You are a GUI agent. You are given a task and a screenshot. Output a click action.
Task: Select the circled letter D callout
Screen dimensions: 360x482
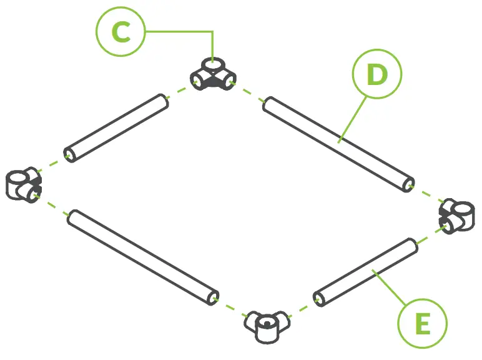tap(376, 74)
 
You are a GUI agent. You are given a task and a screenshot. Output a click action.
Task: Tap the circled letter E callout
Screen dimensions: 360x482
tap(423, 324)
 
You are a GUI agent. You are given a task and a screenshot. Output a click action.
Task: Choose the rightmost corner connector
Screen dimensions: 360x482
tap(457, 214)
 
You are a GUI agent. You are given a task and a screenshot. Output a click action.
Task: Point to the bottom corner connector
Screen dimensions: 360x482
tap(268, 326)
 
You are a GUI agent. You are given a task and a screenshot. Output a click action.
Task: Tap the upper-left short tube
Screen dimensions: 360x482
tap(117, 128)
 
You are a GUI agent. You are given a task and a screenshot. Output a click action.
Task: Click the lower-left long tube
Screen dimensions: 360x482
tap(143, 257)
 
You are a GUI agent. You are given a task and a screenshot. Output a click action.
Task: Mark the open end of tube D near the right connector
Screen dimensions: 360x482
tap(408, 184)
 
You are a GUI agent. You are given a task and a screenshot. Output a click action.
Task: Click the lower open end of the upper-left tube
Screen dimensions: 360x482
tap(69, 154)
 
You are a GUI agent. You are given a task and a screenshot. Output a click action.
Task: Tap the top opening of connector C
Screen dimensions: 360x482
tap(214, 63)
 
